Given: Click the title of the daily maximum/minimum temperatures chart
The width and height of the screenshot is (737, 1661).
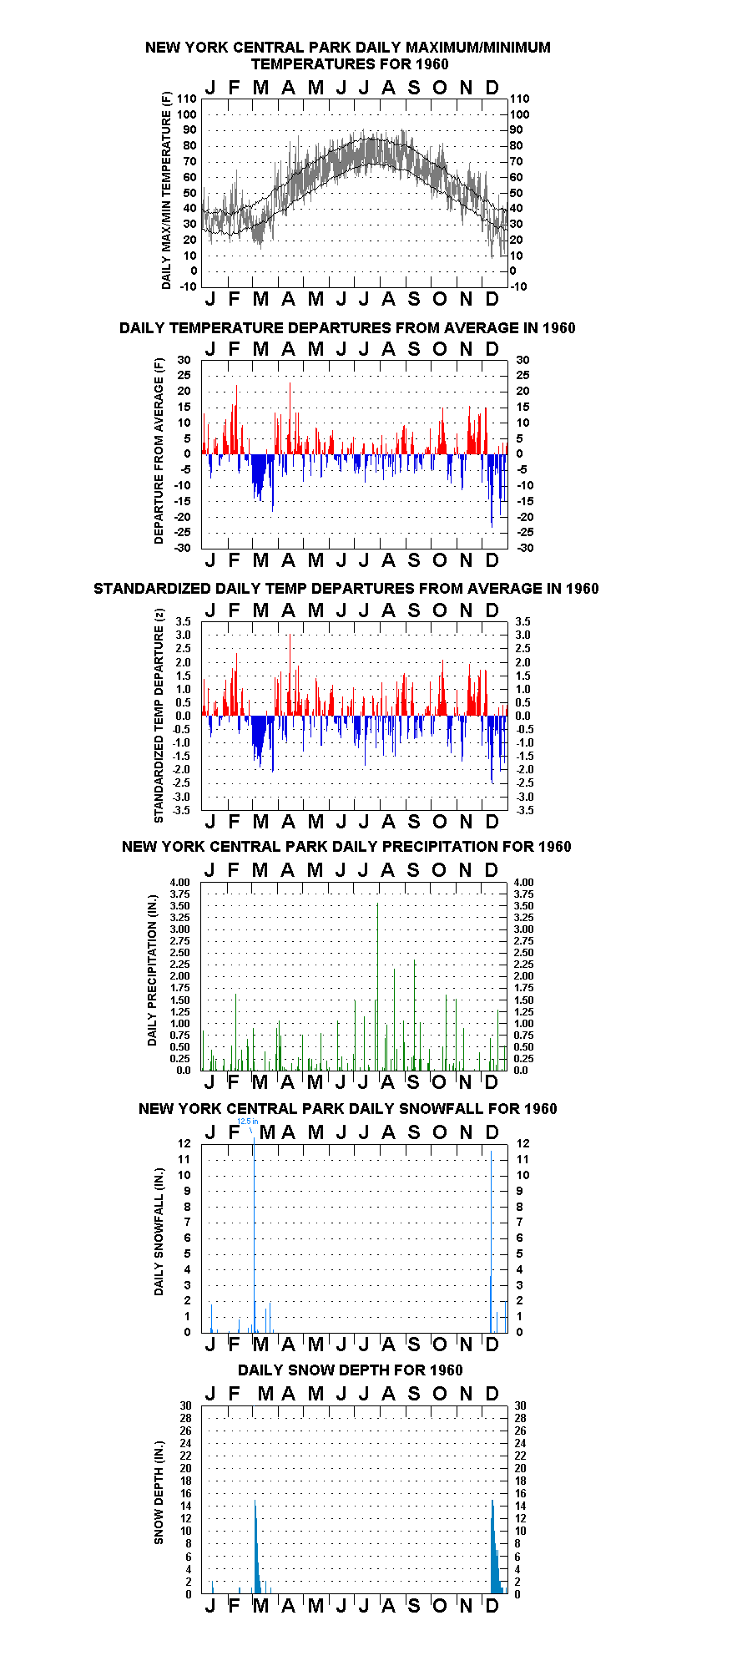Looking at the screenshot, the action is pos(348,56).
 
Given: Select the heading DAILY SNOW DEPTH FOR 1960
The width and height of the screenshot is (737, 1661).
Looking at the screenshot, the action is pos(351,1370).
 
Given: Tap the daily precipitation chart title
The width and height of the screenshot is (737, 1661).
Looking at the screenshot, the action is pos(346,847).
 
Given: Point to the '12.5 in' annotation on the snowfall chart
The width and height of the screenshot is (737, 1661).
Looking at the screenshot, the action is pos(248,1122).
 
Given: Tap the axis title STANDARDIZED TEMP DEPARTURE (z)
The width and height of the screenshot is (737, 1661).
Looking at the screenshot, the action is pos(159,716).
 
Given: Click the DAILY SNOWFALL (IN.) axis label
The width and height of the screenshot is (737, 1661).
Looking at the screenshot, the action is pos(159,1232).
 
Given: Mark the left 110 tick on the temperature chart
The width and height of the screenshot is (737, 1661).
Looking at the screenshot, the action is pos(188,99).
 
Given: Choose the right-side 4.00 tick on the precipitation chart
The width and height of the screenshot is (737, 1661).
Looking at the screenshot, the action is pos(523,883).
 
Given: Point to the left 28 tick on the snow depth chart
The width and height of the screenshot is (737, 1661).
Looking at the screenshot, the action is pos(185,1419).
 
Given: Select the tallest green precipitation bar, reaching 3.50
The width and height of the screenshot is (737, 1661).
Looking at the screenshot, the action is pos(378,987).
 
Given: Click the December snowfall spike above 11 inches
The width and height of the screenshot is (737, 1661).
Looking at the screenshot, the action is pos(492,1242).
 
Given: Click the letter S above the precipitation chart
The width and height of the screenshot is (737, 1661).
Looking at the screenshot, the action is pos(413,870).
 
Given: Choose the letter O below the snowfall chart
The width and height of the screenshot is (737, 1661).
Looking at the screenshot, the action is pos(440,1344).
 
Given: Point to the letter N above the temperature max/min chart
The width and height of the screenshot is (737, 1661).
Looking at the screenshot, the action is pos(467,88).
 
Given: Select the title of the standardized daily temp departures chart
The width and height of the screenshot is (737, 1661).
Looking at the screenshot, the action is pos(346,589).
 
